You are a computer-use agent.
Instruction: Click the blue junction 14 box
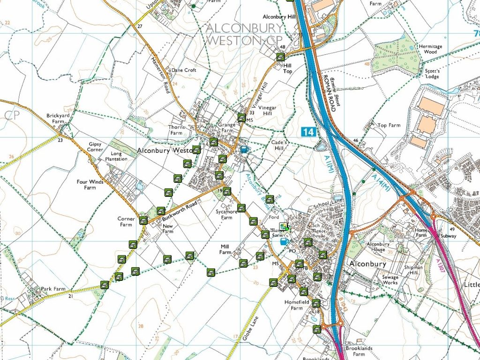point(307,132)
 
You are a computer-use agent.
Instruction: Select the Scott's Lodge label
point(432,74)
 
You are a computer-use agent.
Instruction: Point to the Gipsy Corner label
point(95,147)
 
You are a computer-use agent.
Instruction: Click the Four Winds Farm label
point(90,185)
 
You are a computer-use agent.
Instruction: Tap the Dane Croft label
point(184,70)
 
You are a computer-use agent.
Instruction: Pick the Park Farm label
point(52,289)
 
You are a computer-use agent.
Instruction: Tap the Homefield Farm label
point(294,305)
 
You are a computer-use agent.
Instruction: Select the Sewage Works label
point(387,280)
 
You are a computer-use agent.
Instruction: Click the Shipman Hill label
point(414,270)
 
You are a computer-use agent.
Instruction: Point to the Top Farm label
point(389,126)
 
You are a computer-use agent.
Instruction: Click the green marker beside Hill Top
point(280,57)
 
